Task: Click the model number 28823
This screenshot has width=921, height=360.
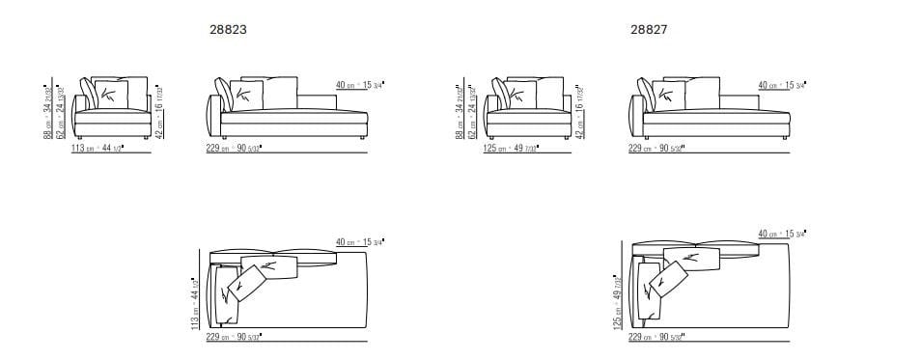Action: point(228,30)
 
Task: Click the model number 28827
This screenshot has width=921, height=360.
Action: point(649,30)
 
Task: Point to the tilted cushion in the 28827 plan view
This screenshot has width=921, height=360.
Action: point(671,280)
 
